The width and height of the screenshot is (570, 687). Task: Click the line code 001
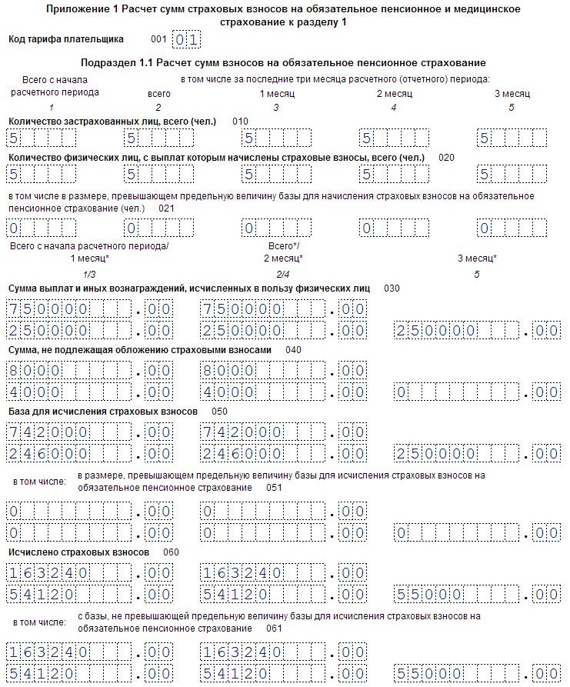coord(158,38)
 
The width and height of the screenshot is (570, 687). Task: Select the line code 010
coord(240,122)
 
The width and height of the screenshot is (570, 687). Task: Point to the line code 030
coord(392,288)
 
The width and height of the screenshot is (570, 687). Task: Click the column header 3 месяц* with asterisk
coord(477,258)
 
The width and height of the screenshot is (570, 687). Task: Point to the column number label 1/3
coord(89,274)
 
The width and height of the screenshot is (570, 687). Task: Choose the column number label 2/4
coord(282,274)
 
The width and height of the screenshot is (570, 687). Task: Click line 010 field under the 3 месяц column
coord(511,139)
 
